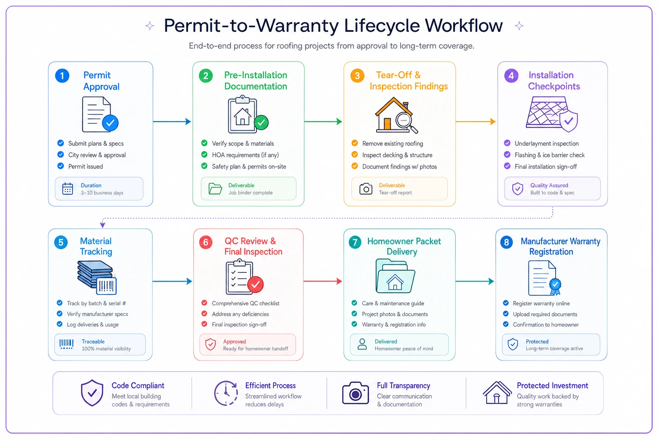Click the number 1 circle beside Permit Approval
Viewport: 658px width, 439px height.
[62, 76]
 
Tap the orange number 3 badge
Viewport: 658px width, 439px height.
[357, 76]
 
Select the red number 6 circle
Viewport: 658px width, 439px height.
[206, 242]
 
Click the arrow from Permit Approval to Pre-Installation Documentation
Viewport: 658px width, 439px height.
[172, 121]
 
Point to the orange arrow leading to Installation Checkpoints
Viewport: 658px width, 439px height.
[476, 121]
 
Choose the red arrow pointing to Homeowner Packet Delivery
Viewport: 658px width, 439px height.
[323, 281]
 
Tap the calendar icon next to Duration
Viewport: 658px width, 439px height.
[68, 189]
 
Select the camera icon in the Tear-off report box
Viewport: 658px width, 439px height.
[366, 189]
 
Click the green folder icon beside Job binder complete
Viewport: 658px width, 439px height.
[215, 189]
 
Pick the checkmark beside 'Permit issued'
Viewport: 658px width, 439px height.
[60, 166]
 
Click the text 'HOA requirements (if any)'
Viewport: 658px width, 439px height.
[245, 155]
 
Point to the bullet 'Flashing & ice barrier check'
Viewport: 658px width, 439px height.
[549, 155]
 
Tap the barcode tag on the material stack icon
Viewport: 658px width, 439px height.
[106, 286]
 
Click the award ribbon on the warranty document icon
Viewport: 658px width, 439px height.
[555, 286]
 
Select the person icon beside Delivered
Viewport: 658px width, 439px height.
[362, 344]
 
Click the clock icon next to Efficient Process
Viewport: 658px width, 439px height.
[226, 393]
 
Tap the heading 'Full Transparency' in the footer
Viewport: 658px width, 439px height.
[403, 385]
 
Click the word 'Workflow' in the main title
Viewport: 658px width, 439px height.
[464, 26]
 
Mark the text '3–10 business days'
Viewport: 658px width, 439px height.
[102, 193]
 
